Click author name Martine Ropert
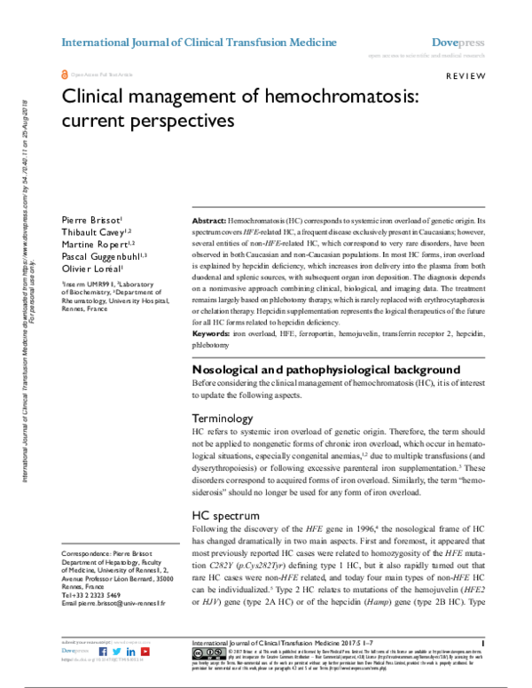(94, 244)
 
